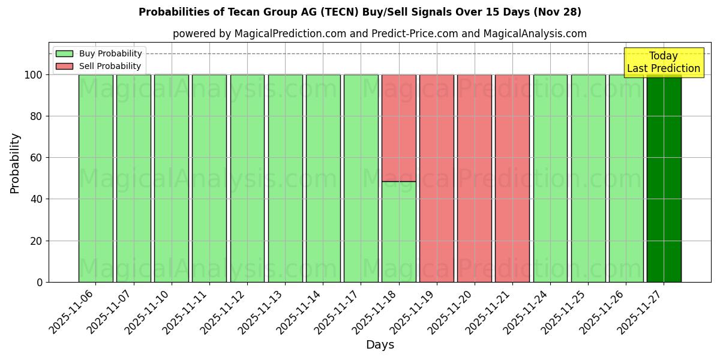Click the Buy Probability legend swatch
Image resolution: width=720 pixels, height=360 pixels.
click(x=64, y=53)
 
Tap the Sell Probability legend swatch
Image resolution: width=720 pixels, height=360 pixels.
click(x=64, y=66)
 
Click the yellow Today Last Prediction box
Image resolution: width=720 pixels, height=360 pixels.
click(x=663, y=62)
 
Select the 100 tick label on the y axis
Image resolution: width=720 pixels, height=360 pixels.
click(x=32, y=75)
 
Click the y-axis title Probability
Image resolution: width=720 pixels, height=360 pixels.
click(x=15, y=163)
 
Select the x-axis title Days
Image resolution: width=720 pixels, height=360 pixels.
click(x=380, y=345)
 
